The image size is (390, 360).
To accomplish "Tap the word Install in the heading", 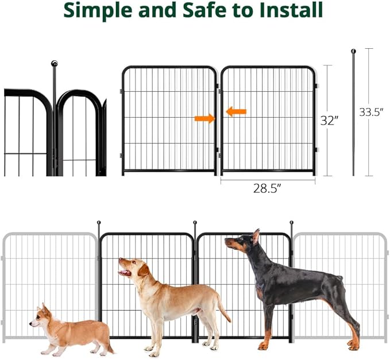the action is click(291, 10).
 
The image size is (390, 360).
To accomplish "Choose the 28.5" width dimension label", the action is click(267, 188).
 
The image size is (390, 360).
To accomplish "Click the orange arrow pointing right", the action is click(204, 119).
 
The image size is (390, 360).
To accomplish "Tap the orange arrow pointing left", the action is click(236, 111).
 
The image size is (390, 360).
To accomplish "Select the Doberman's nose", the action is click(226, 240).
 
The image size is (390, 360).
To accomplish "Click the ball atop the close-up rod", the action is click(54, 63).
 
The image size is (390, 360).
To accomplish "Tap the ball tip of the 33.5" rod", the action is click(353, 51).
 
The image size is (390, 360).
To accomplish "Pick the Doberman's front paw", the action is click(264, 346).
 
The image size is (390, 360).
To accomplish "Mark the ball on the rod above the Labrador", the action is click(195, 222).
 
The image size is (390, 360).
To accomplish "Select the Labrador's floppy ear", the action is click(144, 270).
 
